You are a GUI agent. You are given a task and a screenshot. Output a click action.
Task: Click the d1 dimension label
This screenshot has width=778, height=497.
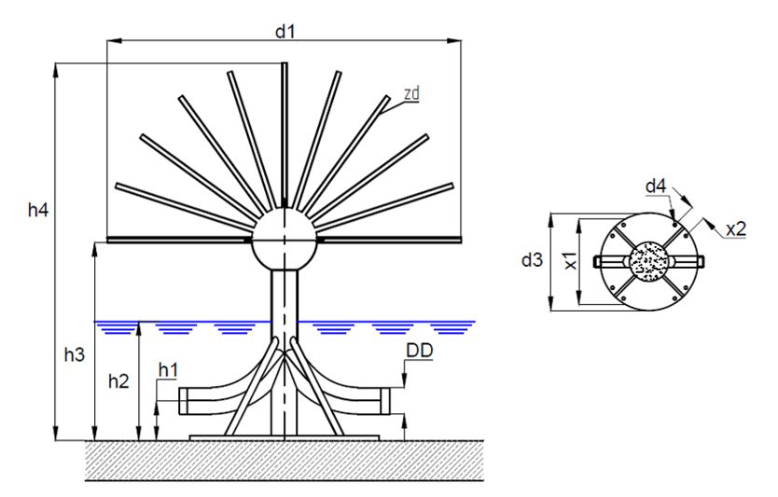pos(284,30)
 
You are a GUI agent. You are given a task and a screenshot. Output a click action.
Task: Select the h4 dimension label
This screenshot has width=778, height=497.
pos(38,213)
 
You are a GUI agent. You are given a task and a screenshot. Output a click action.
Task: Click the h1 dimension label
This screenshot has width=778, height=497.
pos(167,371)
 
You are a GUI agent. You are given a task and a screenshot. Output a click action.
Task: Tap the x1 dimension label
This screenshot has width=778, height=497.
pos(570,262)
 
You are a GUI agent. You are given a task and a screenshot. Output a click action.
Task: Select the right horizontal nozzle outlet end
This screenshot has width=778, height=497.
pos(383,402)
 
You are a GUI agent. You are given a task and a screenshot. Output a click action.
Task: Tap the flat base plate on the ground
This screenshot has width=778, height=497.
pos(284,436)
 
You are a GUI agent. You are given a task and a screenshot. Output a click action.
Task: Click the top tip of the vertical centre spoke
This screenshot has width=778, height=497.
pos(285,65)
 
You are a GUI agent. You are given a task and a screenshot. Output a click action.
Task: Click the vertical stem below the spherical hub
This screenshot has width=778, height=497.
pos(284,298)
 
